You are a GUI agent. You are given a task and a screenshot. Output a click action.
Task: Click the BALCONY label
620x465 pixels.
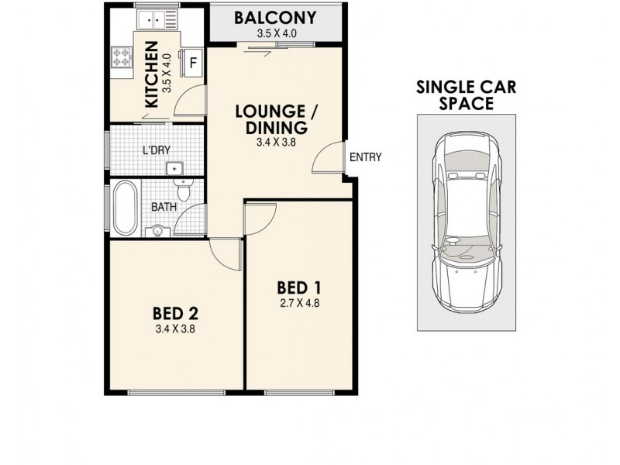point(277,17)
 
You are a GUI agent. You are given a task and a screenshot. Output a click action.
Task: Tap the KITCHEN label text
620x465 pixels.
point(152,74)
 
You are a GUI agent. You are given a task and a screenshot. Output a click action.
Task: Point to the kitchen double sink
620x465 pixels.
point(150,18)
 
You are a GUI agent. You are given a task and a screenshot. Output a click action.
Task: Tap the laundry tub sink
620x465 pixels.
point(175,167)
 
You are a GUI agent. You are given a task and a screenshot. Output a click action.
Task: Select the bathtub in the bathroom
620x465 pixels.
point(123,207)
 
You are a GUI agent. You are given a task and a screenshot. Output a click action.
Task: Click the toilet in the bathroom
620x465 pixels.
point(184,190)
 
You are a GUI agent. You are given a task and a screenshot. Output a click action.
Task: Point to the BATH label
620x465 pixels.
point(163,207)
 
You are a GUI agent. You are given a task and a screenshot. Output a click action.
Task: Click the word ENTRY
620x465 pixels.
point(366,157)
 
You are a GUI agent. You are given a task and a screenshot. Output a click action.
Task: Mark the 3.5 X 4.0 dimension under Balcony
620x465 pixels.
point(277,34)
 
